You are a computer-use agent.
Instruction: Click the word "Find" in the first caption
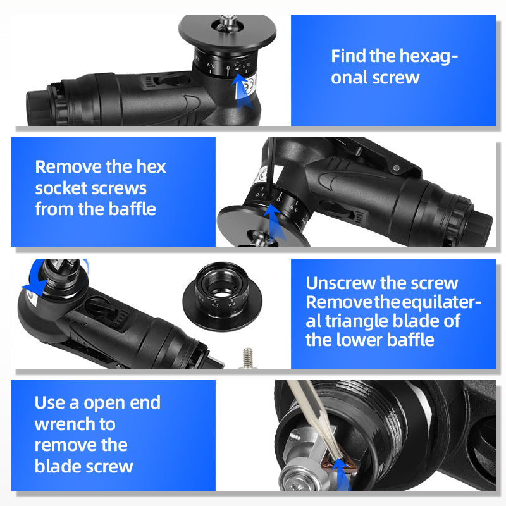click(349, 56)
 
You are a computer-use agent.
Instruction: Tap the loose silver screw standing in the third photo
click(248, 357)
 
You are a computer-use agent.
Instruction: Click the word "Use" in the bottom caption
click(49, 402)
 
